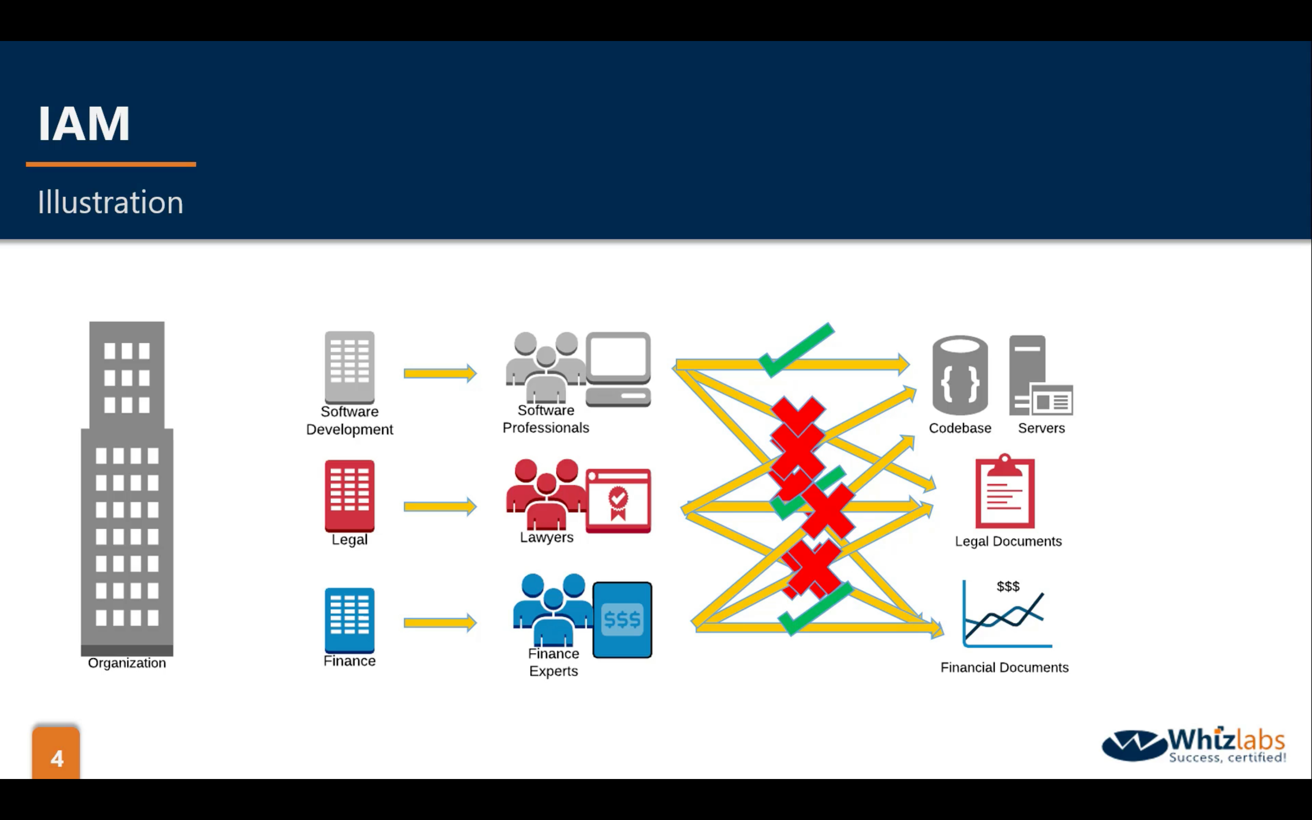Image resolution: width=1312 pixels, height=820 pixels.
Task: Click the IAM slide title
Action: tap(84, 124)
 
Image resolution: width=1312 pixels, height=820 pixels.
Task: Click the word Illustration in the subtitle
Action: tap(110, 202)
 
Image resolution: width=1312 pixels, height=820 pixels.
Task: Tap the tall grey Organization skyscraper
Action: tap(127, 488)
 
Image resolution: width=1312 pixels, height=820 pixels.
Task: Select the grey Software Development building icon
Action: tap(350, 366)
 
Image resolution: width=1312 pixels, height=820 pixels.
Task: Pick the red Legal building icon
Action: tap(350, 495)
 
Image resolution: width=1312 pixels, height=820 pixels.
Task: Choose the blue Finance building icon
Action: tap(350, 619)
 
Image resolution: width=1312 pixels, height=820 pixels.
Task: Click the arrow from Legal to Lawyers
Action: tap(440, 507)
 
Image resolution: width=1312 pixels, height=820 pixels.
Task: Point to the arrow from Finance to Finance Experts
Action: tap(440, 623)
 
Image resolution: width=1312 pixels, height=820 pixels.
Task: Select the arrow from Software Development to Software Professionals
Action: tap(440, 373)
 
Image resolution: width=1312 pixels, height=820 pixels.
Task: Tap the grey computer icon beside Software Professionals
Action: tap(618, 369)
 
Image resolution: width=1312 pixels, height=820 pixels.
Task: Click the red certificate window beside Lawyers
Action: tap(618, 500)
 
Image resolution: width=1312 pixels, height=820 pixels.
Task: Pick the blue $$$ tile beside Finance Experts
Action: tap(622, 619)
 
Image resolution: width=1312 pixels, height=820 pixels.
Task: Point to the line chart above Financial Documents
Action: tap(1006, 615)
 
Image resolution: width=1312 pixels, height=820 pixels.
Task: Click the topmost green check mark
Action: tap(796, 350)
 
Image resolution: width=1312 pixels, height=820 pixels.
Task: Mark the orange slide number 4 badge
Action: tap(56, 754)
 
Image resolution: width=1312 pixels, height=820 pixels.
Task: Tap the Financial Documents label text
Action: tap(1004, 668)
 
